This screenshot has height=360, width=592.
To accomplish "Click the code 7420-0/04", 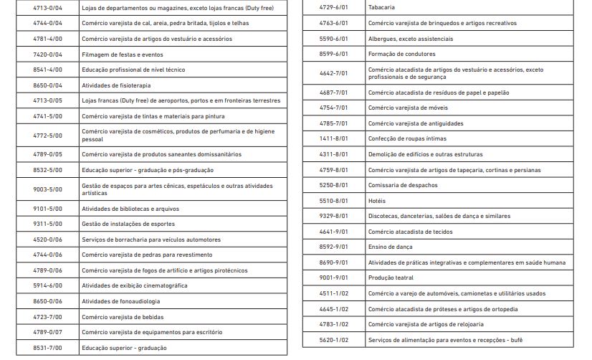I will [48, 55].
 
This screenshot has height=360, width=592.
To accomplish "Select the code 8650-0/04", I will [48, 85].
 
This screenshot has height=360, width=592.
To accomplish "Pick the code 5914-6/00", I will [48, 285].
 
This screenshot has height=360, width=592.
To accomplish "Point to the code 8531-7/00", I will [48, 348].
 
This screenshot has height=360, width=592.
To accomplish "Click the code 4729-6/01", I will [334, 7].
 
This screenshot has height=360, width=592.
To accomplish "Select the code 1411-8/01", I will [334, 138].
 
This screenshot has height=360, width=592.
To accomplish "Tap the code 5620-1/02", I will [334, 340].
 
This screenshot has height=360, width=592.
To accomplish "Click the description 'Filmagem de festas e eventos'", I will [123, 55].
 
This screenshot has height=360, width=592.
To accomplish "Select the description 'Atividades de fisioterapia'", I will [116, 85].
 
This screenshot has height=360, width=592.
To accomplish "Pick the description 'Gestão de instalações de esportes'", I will [128, 224].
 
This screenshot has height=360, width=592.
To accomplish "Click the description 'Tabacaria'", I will [381, 7].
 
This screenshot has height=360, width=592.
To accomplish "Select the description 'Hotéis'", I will [377, 201].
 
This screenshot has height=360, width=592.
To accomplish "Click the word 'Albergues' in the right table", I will [383, 38].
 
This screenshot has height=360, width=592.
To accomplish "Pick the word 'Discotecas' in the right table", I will [385, 216].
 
